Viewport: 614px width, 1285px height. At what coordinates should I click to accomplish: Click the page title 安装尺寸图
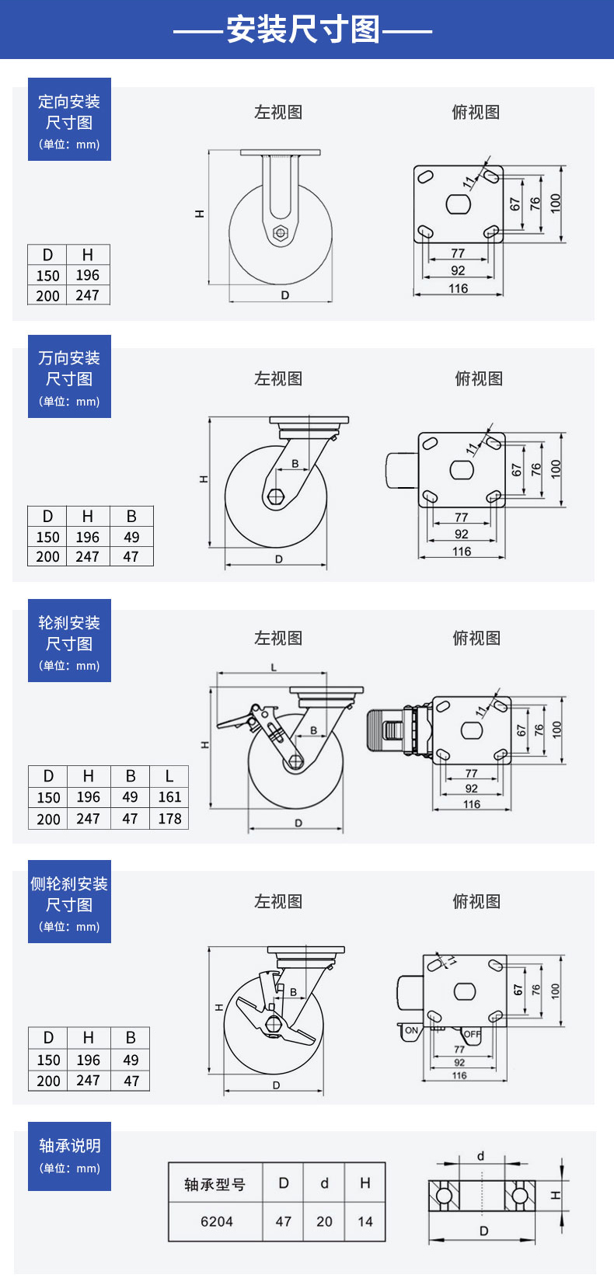[x=303, y=30]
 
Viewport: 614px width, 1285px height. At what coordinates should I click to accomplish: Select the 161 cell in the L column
[x=169, y=797]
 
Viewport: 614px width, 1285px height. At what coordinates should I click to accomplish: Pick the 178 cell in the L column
[x=169, y=819]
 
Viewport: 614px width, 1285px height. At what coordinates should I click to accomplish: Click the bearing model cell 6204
[x=216, y=1221]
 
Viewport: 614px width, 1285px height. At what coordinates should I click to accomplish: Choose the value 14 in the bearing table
[x=365, y=1221]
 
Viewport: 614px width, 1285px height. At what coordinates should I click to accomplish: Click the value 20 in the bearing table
[x=324, y=1221]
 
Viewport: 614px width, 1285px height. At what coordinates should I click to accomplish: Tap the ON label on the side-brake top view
[x=411, y=1030]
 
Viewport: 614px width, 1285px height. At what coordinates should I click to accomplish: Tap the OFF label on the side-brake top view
[x=472, y=1034]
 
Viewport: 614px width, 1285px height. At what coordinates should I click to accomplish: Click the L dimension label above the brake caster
[x=274, y=667]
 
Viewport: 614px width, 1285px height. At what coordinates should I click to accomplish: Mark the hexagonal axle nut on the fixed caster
[x=281, y=232]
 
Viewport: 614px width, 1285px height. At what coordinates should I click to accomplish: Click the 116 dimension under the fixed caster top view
[x=459, y=288]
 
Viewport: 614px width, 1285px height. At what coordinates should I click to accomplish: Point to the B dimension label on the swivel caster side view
[x=295, y=464]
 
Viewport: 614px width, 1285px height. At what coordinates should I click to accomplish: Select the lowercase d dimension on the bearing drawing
[x=480, y=1156]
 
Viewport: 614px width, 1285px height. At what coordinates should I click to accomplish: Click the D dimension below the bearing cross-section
[x=483, y=1231]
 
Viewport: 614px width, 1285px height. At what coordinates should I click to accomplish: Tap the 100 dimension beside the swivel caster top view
[x=556, y=468]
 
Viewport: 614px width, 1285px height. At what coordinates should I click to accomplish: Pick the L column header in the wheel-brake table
[x=169, y=776]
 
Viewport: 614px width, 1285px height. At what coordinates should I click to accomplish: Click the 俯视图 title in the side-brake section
[x=476, y=901]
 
